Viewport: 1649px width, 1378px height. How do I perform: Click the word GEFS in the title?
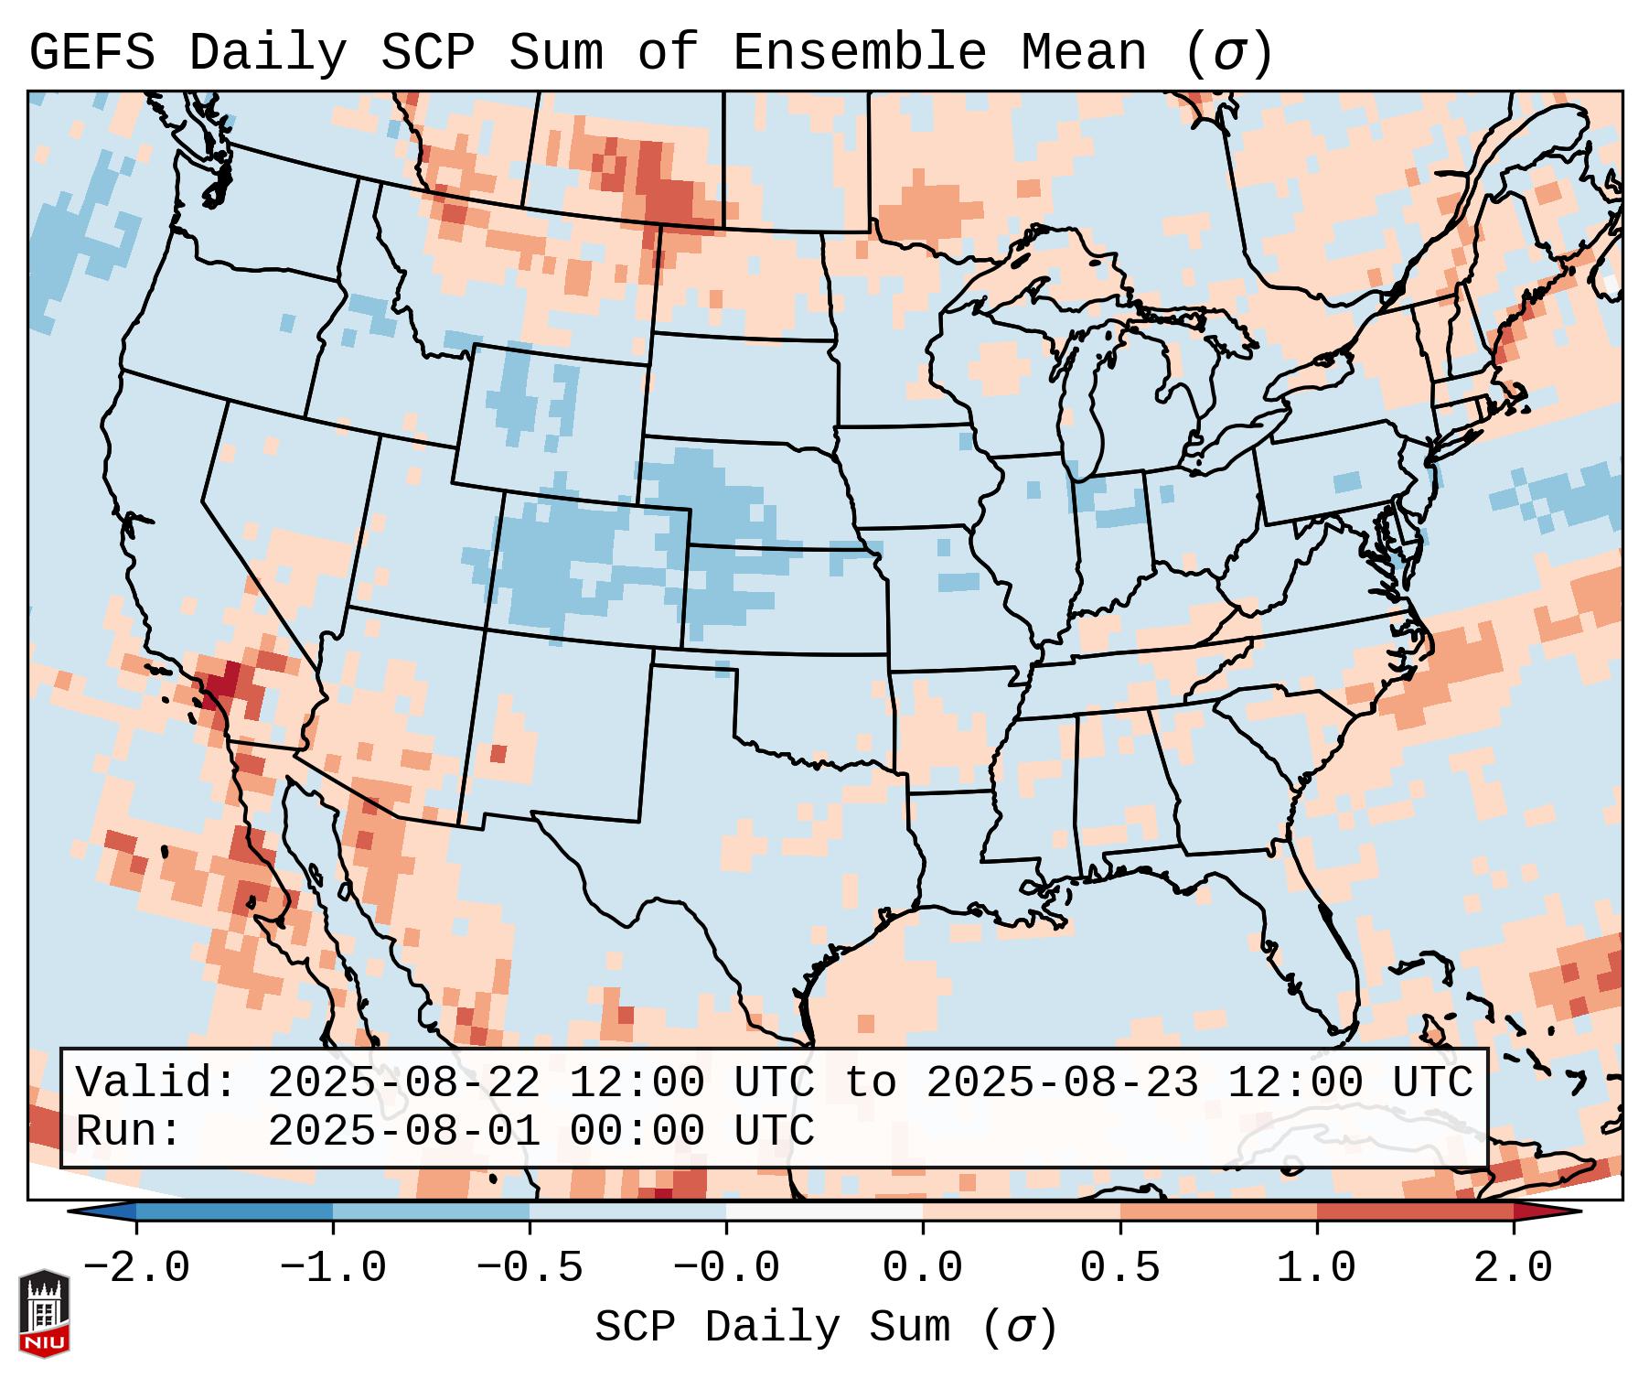tap(91, 53)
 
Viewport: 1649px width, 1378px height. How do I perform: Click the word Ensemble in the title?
tap(859, 53)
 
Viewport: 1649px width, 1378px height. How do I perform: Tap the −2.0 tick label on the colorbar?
tap(136, 1268)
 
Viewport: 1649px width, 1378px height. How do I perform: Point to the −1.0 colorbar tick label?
tap(333, 1268)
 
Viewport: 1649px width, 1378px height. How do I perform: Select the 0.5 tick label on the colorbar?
tap(1119, 1268)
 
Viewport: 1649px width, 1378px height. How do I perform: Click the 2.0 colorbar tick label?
tap(1513, 1268)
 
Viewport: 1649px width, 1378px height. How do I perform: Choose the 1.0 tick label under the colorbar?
tap(1316, 1268)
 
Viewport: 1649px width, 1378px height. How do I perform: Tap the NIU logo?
tap(44, 1312)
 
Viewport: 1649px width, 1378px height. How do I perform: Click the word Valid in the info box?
tap(155, 1083)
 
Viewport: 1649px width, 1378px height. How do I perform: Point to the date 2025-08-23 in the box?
tap(1062, 1083)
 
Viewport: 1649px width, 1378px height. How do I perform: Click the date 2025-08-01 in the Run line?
tap(403, 1131)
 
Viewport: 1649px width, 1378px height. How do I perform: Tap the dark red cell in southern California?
tap(223, 682)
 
